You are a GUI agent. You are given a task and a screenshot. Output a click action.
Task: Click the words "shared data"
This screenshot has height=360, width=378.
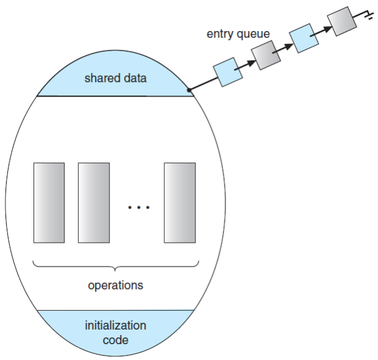115,78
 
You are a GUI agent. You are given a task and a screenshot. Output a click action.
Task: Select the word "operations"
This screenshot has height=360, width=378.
115,285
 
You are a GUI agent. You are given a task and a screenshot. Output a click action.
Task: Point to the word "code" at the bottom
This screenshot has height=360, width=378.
115,339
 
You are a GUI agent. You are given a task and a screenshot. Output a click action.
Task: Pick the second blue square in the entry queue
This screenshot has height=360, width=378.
303,38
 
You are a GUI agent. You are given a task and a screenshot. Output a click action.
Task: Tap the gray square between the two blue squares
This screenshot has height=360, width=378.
265,56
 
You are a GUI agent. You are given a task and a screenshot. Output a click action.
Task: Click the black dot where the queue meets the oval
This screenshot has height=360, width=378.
190,91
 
